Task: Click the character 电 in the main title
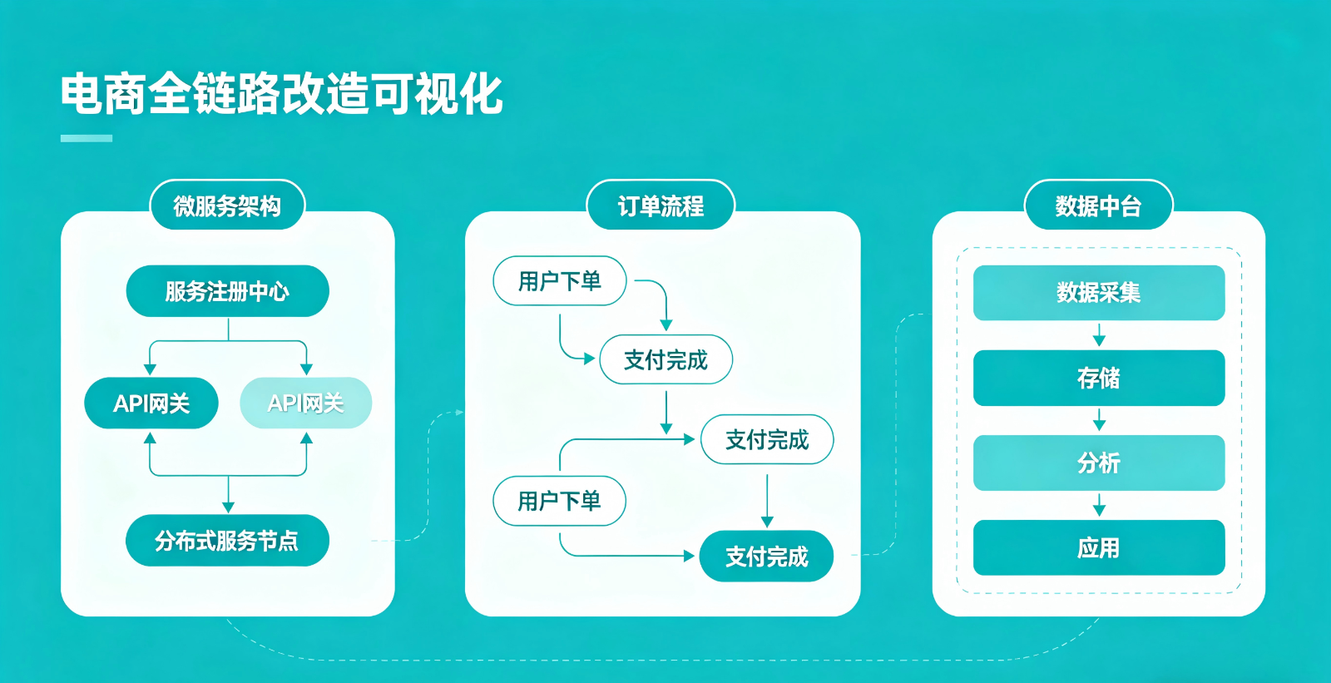coord(82,94)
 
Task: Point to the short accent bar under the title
coord(87,138)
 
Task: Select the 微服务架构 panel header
coord(227,205)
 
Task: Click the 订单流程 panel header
coord(661,205)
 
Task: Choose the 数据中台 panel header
coord(1098,205)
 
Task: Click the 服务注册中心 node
coord(227,291)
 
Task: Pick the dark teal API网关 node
coord(151,403)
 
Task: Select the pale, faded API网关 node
coord(305,403)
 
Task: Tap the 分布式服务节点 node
coord(227,541)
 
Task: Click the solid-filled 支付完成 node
coord(766,556)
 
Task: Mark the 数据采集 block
coord(1098,293)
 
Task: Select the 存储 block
coord(1098,379)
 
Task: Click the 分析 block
coord(1098,463)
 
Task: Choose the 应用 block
coord(1098,547)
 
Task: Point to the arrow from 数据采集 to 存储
coord(1099,335)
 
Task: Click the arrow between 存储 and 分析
coord(1099,420)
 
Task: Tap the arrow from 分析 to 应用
coord(1099,505)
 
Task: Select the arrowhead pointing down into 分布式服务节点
coord(228,507)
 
